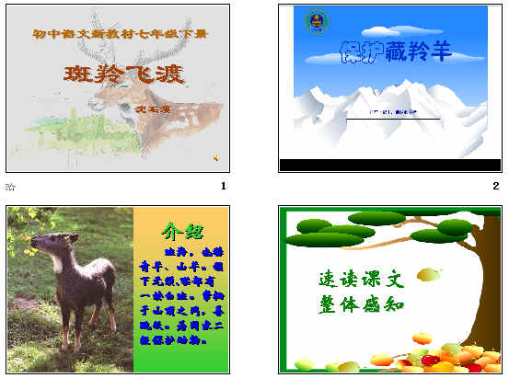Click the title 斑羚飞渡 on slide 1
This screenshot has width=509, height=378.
click(x=124, y=74)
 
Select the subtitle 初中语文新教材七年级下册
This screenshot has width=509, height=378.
click(x=120, y=35)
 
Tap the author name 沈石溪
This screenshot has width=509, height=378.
click(x=174, y=109)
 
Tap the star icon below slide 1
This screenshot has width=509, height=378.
click(x=10, y=187)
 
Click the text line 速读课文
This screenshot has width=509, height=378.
click(x=362, y=277)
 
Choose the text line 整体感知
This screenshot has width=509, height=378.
click(x=362, y=304)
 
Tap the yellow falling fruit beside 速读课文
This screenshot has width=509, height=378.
click(x=428, y=273)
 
